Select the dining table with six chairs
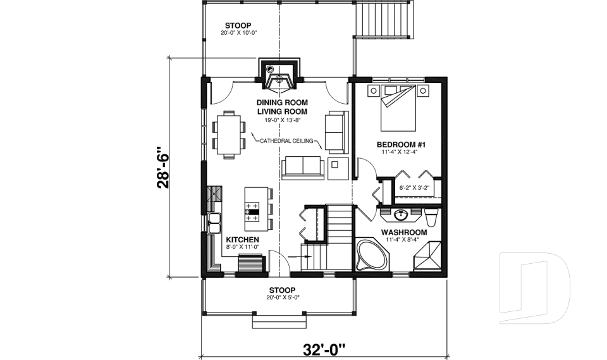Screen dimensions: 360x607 [x=228, y=133]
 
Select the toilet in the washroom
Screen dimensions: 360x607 [x=431, y=218]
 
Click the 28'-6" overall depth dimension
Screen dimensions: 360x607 [x=163, y=168]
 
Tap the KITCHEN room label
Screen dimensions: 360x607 [x=242, y=240]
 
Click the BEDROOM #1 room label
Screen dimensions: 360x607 [x=401, y=144]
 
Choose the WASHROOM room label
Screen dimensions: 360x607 [x=403, y=232]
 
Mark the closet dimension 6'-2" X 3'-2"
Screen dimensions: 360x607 [x=414, y=187]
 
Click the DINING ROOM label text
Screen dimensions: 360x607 [x=282, y=102]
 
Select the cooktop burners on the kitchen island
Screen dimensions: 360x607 [x=253, y=211]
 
